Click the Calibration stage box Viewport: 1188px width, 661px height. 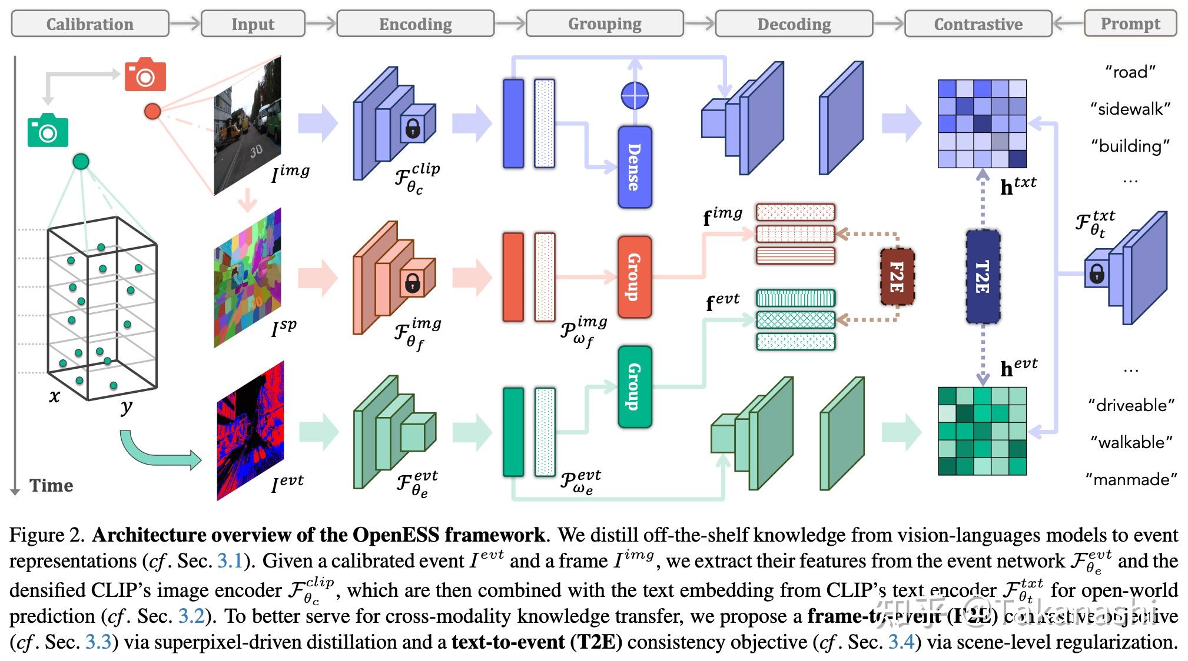[x=89, y=24]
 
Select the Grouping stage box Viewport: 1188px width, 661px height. [x=605, y=24]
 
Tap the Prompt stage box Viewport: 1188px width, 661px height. [x=1130, y=24]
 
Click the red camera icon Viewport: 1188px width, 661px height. [x=145, y=75]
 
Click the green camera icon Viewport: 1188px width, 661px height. [x=48, y=131]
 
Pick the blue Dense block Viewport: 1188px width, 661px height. [x=635, y=167]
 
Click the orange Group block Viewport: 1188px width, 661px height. [x=635, y=277]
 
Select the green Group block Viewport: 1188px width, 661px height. [x=635, y=386]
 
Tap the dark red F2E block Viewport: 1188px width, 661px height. [x=897, y=277]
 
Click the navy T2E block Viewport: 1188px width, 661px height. [x=983, y=277]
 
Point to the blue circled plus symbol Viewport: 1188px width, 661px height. [x=635, y=95]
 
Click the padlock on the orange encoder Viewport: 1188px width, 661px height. [x=412, y=285]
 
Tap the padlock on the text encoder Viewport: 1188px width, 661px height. [x=1096, y=273]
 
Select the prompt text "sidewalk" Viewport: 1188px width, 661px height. [x=1130, y=109]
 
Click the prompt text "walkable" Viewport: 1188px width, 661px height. [x=1131, y=442]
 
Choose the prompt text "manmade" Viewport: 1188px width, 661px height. [x=1131, y=479]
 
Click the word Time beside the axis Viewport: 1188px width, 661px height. [x=51, y=486]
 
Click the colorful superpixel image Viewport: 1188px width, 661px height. [x=247, y=278]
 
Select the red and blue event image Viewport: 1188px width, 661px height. [x=250, y=431]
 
